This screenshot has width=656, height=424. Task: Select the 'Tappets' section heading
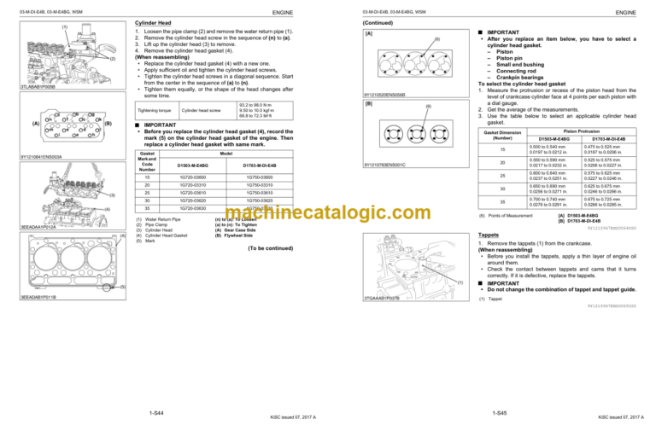click(x=488, y=235)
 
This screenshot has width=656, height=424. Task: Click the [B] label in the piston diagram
click(x=369, y=103)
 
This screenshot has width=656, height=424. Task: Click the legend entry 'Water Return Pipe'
click(x=173, y=218)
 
